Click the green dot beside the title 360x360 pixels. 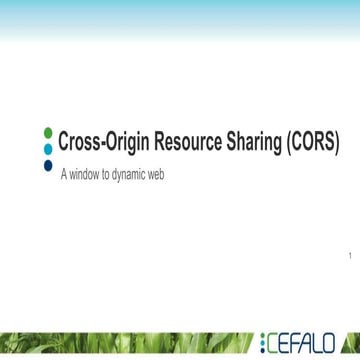(49, 131)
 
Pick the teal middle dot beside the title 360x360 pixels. (49, 147)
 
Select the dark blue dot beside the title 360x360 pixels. (49, 164)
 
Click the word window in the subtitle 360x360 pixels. (86, 173)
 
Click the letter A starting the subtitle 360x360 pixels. (64, 173)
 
